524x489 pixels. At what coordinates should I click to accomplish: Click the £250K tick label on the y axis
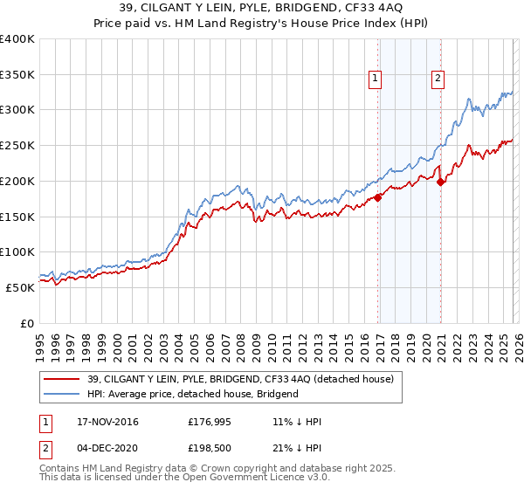17,146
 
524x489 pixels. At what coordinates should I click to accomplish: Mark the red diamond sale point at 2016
378,198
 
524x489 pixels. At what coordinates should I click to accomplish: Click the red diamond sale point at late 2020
440,183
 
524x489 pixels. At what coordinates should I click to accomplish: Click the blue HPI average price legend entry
192,394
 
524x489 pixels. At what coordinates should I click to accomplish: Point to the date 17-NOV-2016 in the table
100,422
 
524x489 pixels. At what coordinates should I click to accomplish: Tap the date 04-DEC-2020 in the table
100,447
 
